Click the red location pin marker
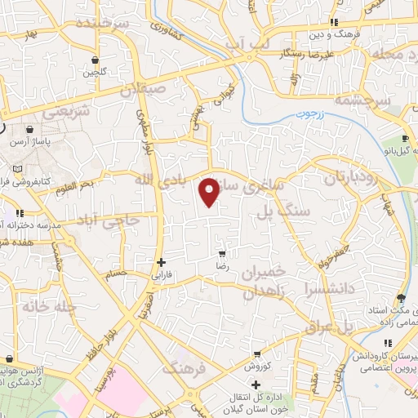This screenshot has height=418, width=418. (x=210, y=192)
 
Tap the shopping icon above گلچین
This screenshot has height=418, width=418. (x=96, y=60)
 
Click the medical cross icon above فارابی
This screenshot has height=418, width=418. (x=161, y=263)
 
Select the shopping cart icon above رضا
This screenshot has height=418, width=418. (x=220, y=254)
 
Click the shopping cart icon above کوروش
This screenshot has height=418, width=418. (x=257, y=355)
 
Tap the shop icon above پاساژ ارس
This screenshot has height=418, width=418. (x=30, y=129)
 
